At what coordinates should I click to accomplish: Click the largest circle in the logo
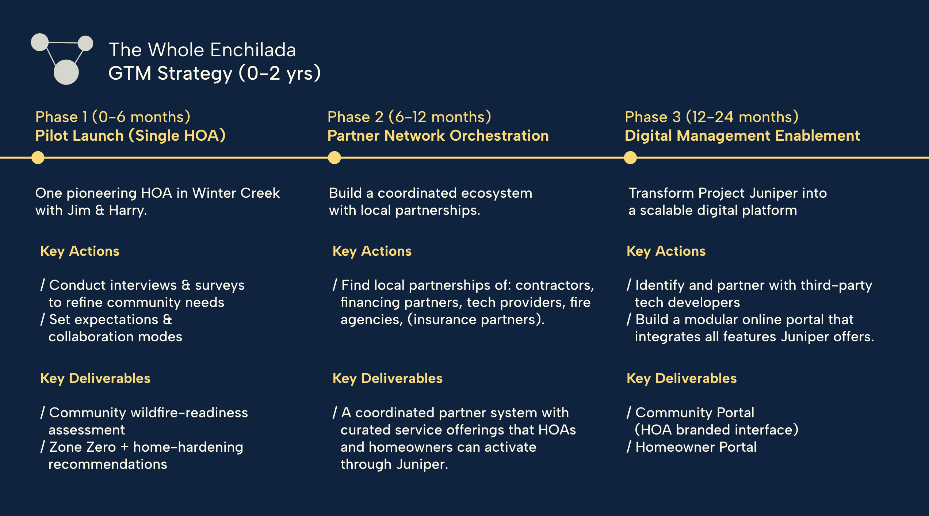tap(66, 72)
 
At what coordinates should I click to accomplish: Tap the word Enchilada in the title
tap(253, 50)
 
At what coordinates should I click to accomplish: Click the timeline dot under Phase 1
tap(38, 158)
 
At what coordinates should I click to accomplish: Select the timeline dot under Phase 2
tap(334, 158)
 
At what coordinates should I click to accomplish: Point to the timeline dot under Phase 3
tap(630, 158)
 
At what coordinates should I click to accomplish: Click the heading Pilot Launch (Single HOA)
tap(130, 136)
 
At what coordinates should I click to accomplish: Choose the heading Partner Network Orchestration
tap(438, 136)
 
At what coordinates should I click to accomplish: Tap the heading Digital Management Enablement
tap(742, 136)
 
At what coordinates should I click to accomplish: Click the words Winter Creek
tap(236, 193)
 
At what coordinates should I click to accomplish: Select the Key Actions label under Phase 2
tap(372, 251)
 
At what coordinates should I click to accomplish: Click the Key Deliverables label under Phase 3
tap(681, 378)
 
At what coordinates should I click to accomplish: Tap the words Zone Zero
tap(83, 447)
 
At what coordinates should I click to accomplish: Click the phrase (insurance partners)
tap(476, 319)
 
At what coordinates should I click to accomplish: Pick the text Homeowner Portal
tap(696, 447)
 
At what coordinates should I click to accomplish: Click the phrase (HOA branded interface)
tap(716, 430)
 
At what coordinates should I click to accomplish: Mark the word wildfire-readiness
tap(189, 413)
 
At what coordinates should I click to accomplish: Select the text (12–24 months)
tap(742, 117)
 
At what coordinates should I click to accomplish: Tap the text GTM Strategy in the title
tap(170, 73)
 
